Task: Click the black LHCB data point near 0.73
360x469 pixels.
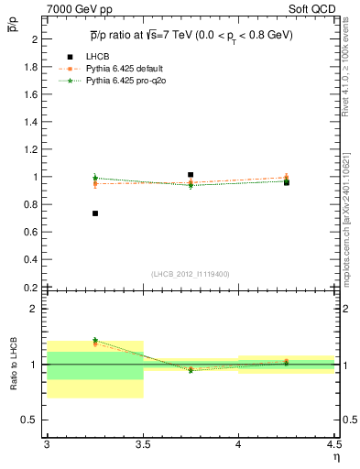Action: point(94,213)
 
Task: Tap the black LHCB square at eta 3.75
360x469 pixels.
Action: point(191,174)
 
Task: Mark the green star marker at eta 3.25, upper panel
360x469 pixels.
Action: point(94,178)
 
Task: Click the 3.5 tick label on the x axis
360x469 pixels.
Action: point(143,444)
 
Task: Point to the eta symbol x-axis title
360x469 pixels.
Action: point(336,457)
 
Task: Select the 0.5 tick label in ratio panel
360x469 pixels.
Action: point(30,420)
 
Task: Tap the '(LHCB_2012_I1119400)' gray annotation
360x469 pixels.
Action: point(191,274)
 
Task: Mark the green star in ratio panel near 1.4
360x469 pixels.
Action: point(94,340)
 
